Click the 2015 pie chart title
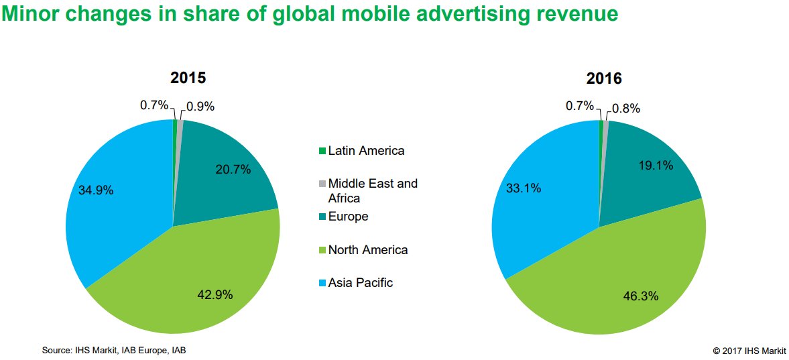(188, 78)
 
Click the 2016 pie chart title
(604, 78)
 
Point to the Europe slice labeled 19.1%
(644, 168)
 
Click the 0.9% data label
(200, 106)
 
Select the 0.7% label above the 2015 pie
(154, 105)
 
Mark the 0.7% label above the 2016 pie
(580, 105)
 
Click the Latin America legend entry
(366, 151)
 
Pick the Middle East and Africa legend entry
(372, 190)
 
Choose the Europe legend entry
(348, 217)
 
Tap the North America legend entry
(367, 250)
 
